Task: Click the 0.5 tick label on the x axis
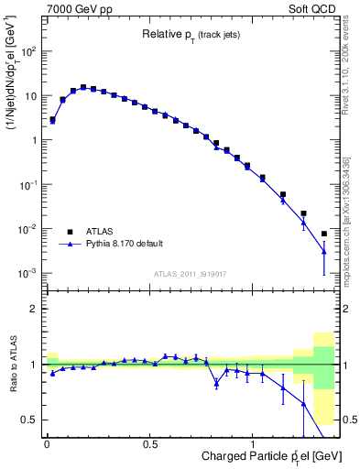point(149,443)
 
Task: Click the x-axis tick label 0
point(47,443)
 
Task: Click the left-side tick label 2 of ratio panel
point(35,309)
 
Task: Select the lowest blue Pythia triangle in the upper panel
point(324,251)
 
